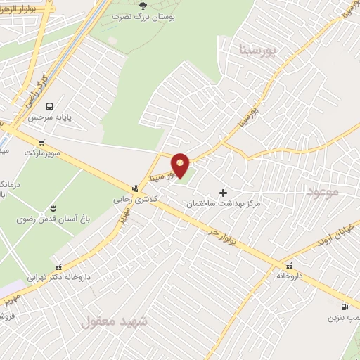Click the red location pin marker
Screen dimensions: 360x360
click(x=181, y=165)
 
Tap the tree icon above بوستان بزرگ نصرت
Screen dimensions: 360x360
click(x=143, y=6)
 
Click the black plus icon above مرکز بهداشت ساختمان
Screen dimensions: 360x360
click(x=224, y=192)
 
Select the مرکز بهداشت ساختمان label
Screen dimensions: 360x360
click(x=224, y=203)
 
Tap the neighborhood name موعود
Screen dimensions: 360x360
click(x=323, y=190)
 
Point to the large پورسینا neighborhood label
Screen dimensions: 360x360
click(x=259, y=51)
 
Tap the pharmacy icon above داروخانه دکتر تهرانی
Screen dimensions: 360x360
click(x=59, y=266)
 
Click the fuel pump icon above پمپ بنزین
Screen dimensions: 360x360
click(x=343, y=307)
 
